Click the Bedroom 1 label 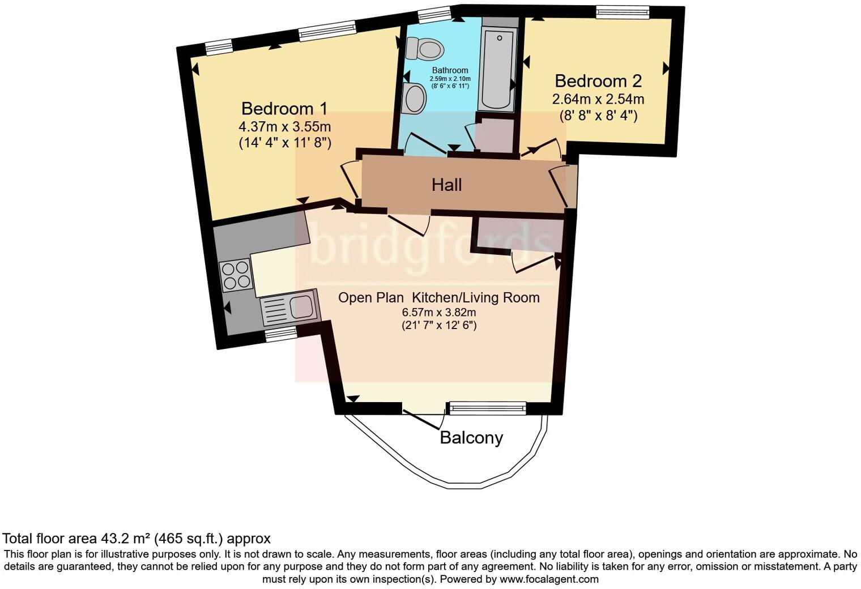(284, 108)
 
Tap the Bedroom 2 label (598, 81)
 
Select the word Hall (446, 185)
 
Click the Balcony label (471, 438)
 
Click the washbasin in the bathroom (415, 98)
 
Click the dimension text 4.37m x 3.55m (285, 126)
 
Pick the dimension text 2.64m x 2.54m (598, 100)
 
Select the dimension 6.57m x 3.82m (439, 312)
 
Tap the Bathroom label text (450, 71)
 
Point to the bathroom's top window (434, 14)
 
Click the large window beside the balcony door (487, 406)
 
